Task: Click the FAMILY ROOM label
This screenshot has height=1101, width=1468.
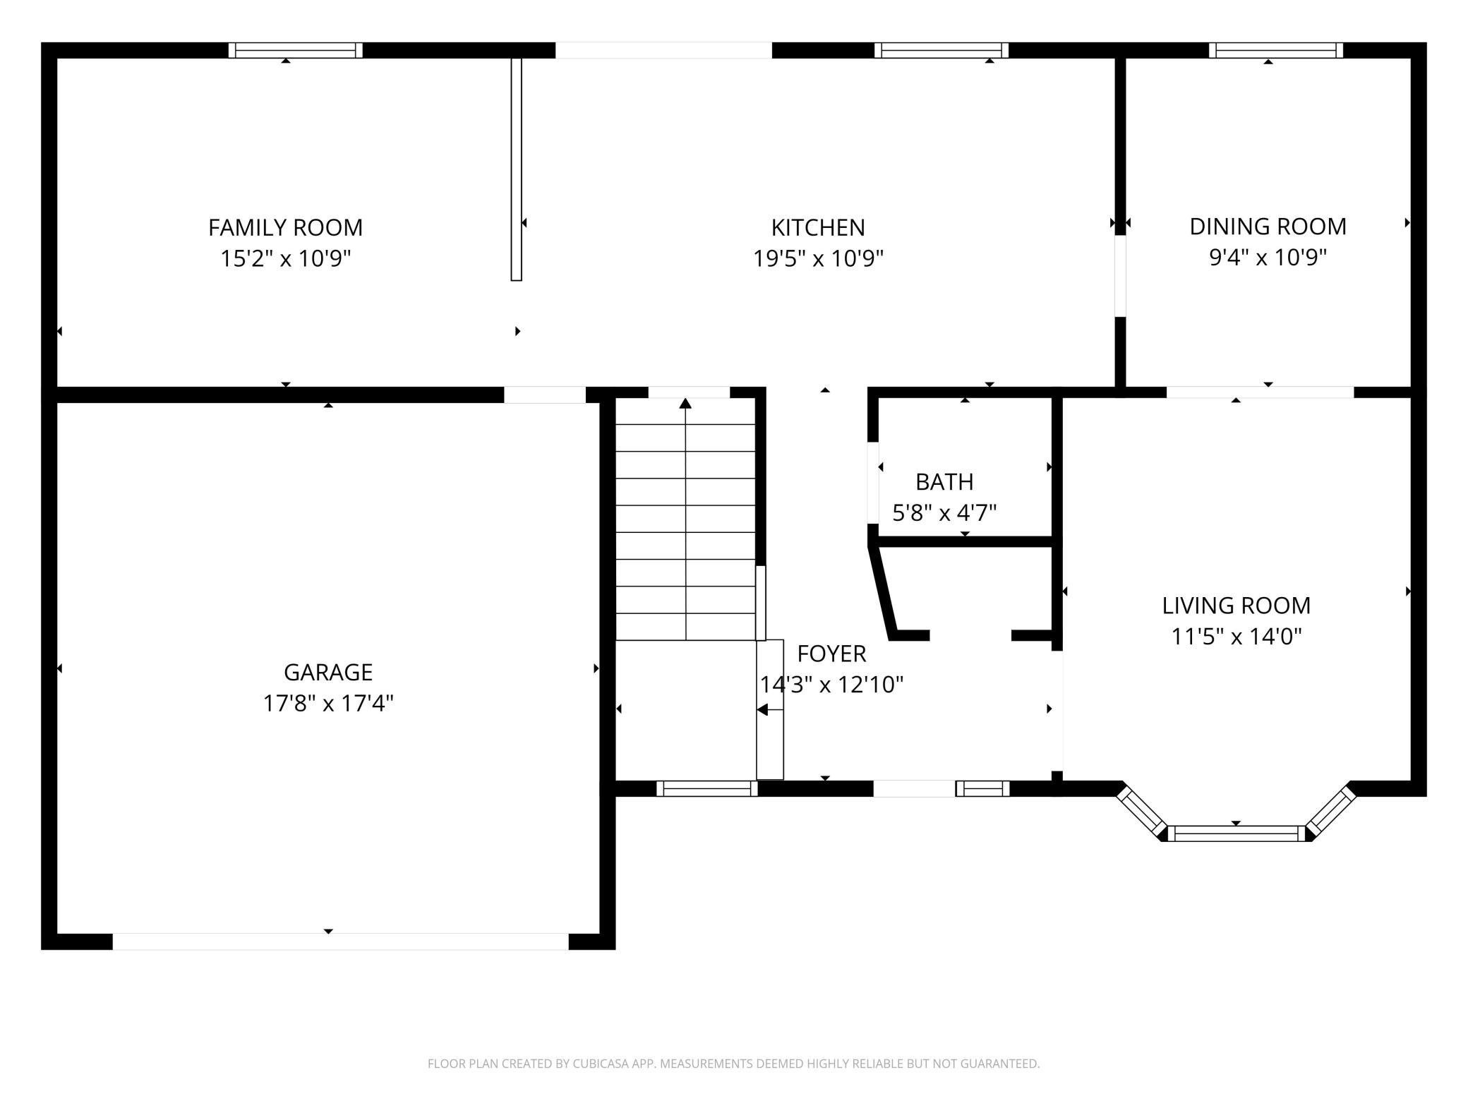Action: coord(285,227)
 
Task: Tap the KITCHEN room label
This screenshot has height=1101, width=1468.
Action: coord(818,227)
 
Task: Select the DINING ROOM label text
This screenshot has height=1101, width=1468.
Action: coord(1268,226)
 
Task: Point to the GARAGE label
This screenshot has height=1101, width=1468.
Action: coord(328,672)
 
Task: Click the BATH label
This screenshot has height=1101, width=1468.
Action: coord(944,481)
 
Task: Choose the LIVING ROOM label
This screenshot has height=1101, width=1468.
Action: coord(1237,605)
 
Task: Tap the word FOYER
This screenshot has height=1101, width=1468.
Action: coord(831,654)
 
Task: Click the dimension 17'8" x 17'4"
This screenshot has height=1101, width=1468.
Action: coord(328,703)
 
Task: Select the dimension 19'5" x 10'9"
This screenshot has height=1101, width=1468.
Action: coord(818,258)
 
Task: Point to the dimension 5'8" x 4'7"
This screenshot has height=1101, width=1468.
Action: coord(944,512)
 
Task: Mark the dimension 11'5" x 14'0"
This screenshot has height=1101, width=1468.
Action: coord(1237,636)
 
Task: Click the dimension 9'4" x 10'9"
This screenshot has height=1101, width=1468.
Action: coord(1268,257)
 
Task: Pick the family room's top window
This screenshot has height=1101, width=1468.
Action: coord(296,50)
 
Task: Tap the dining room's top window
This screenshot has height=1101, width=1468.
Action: coord(1276,50)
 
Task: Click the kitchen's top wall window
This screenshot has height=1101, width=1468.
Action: coord(941,50)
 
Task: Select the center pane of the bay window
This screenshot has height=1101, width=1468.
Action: coord(1237,834)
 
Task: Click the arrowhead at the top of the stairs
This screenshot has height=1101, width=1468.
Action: coord(685,403)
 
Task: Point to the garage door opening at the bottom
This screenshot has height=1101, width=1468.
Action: coord(341,941)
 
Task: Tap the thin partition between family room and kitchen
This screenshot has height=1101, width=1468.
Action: coord(517,169)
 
